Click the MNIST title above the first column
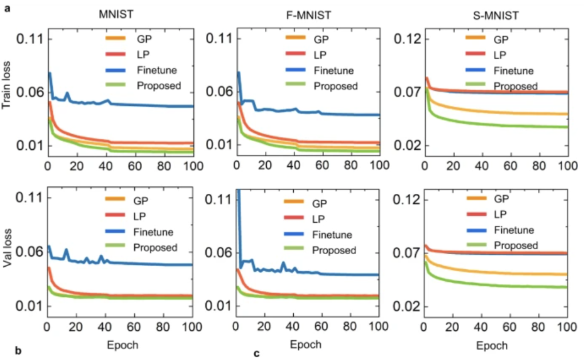point(116,14)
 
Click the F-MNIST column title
point(309,15)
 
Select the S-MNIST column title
point(496,16)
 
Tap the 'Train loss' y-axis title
point(6,85)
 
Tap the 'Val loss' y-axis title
point(7,248)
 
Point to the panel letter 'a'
point(8,8)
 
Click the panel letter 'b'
point(18,351)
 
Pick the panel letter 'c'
point(256,354)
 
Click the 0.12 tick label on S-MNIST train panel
point(407,39)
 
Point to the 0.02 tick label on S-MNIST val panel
point(406,306)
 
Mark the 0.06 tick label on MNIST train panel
point(30,92)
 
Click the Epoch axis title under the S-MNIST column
point(492,346)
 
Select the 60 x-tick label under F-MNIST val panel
point(321,326)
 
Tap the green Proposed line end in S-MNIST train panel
point(567,127)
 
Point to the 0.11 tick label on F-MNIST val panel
point(218,200)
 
